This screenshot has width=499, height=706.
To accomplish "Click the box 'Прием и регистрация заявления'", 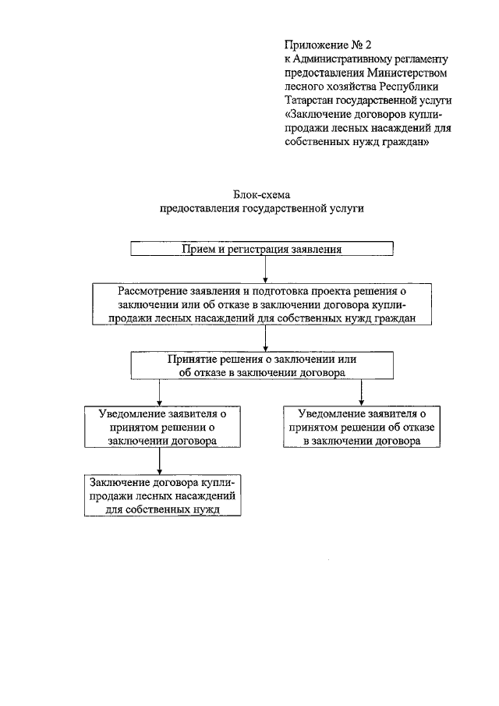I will (261, 249).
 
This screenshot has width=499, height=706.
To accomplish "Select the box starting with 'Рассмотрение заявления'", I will (266, 303).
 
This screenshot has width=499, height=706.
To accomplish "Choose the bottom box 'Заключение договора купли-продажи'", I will (162, 495).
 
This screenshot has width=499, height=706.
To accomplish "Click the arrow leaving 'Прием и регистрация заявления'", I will (266, 268).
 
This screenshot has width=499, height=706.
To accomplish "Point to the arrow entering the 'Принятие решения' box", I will (266, 338).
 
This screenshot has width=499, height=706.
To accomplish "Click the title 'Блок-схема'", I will (261, 195).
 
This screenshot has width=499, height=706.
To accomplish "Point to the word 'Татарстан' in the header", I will (309, 101).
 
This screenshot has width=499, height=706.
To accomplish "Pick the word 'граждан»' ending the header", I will (404, 143).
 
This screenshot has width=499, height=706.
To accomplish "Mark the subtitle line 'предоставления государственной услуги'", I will (261, 209).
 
